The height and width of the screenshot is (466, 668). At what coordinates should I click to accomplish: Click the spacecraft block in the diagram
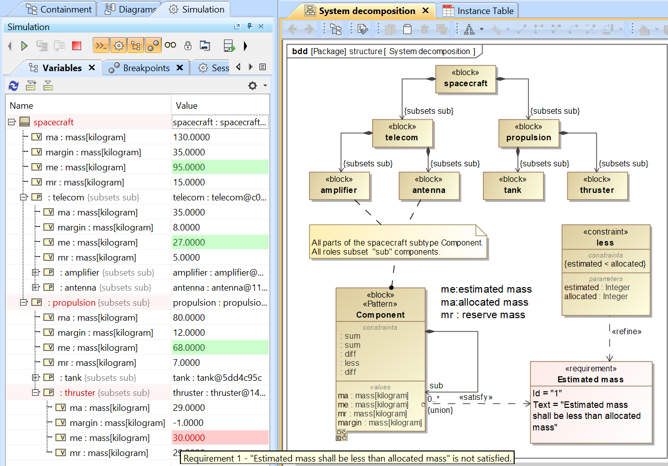click(466, 79)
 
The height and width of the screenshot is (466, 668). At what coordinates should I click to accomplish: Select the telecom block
click(402, 133)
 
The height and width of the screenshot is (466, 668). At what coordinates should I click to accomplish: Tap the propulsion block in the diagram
click(529, 133)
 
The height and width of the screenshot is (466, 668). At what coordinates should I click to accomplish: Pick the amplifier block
click(339, 185)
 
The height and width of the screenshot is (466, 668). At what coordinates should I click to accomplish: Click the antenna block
click(429, 185)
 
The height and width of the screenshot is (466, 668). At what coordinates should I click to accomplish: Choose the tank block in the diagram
click(513, 185)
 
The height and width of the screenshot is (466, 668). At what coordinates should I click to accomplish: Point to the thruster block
click(597, 185)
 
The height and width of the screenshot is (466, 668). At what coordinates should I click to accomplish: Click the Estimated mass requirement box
click(591, 402)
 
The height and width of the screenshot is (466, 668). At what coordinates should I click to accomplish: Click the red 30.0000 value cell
click(219, 438)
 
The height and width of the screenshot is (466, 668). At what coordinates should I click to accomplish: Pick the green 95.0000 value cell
click(219, 167)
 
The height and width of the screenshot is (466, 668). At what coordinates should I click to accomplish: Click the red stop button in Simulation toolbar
click(77, 46)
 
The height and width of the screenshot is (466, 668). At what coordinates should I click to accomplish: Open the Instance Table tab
click(479, 11)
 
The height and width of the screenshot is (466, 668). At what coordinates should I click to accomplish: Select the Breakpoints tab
click(146, 68)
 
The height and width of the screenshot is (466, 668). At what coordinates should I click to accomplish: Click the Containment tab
click(60, 10)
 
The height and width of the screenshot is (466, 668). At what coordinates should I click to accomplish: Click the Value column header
click(187, 106)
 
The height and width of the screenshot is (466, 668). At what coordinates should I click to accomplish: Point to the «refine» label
click(626, 331)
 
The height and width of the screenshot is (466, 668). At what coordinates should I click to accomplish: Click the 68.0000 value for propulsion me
click(219, 348)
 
